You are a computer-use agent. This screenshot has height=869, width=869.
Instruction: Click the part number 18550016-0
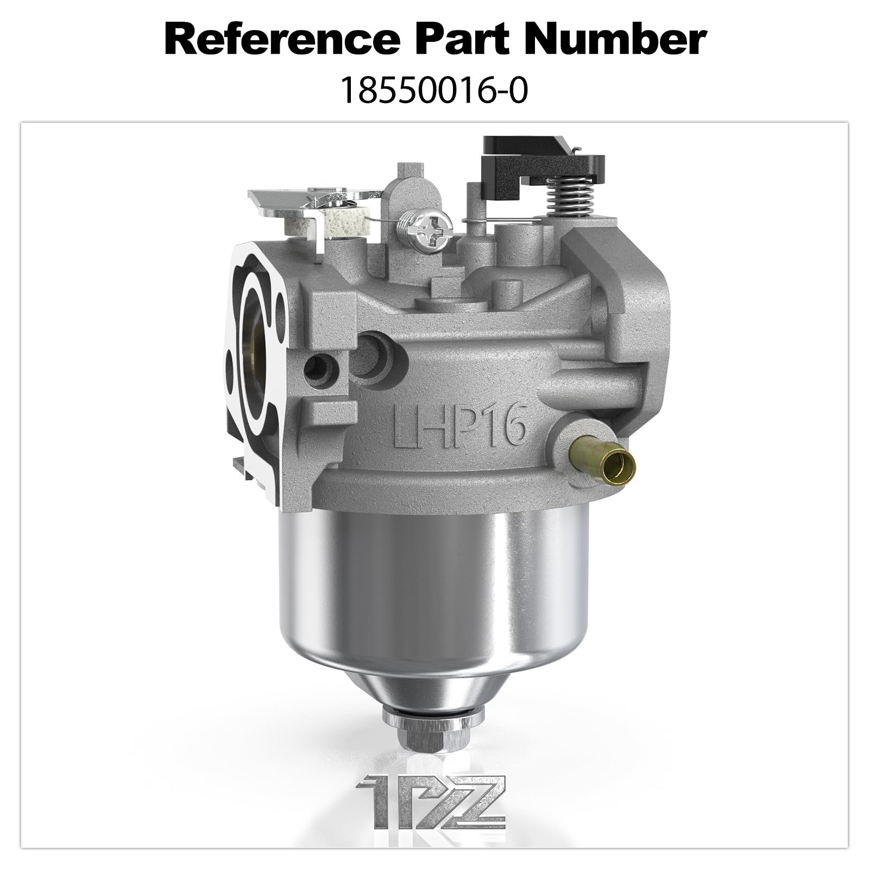pyautogui.click(x=434, y=91)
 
